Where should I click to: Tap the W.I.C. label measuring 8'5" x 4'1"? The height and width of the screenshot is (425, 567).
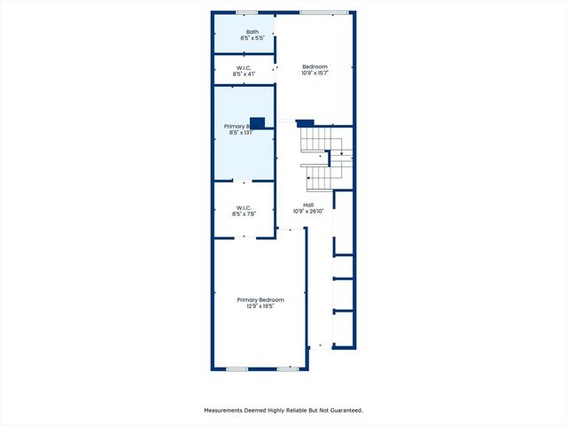click(245, 67)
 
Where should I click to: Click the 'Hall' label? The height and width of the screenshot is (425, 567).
click(309, 205)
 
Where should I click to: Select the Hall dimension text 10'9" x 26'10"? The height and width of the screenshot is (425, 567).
click(309, 212)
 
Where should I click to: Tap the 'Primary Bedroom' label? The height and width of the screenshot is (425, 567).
click(260, 300)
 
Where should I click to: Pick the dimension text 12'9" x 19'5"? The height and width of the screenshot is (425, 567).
click(260, 307)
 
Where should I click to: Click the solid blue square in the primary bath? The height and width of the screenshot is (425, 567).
click(258, 123)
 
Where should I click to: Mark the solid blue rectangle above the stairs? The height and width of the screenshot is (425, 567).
click(305, 123)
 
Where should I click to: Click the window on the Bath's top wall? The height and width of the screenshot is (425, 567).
click(246, 12)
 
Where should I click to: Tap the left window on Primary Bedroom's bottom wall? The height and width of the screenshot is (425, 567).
click(237, 368)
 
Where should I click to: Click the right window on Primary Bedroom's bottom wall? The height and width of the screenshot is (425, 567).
click(288, 368)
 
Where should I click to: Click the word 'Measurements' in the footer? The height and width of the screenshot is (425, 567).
click(226, 411)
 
